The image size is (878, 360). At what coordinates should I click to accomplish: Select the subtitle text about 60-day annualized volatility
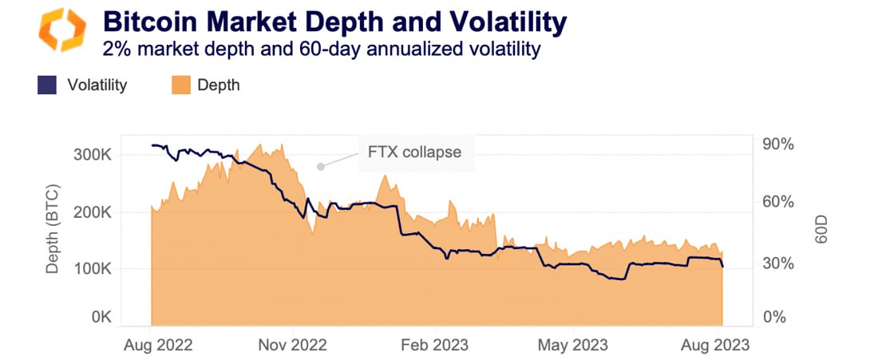pyautogui.click(x=322, y=49)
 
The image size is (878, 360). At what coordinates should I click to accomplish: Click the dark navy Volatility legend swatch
pyautogui.click(x=47, y=85)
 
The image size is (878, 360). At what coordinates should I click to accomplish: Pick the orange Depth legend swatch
pyautogui.click(x=181, y=85)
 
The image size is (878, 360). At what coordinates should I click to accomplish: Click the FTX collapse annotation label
pyautogui.click(x=414, y=152)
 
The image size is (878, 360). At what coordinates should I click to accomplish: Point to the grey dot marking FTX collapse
pyautogui.click(x=320, y=167)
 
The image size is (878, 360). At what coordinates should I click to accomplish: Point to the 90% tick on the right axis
pyautogui.click(x=777, y=144)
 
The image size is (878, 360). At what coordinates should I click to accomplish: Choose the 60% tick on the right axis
pyautogui.click(x=777, y=202)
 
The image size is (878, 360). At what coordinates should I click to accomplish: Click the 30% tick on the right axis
pyautogui.click(x=777, y=263)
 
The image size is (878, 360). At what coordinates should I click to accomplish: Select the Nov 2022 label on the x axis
pyautogui.click(x=293, y=345)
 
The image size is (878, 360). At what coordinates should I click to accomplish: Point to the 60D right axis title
pyautogui.click(x=822, y=230)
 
